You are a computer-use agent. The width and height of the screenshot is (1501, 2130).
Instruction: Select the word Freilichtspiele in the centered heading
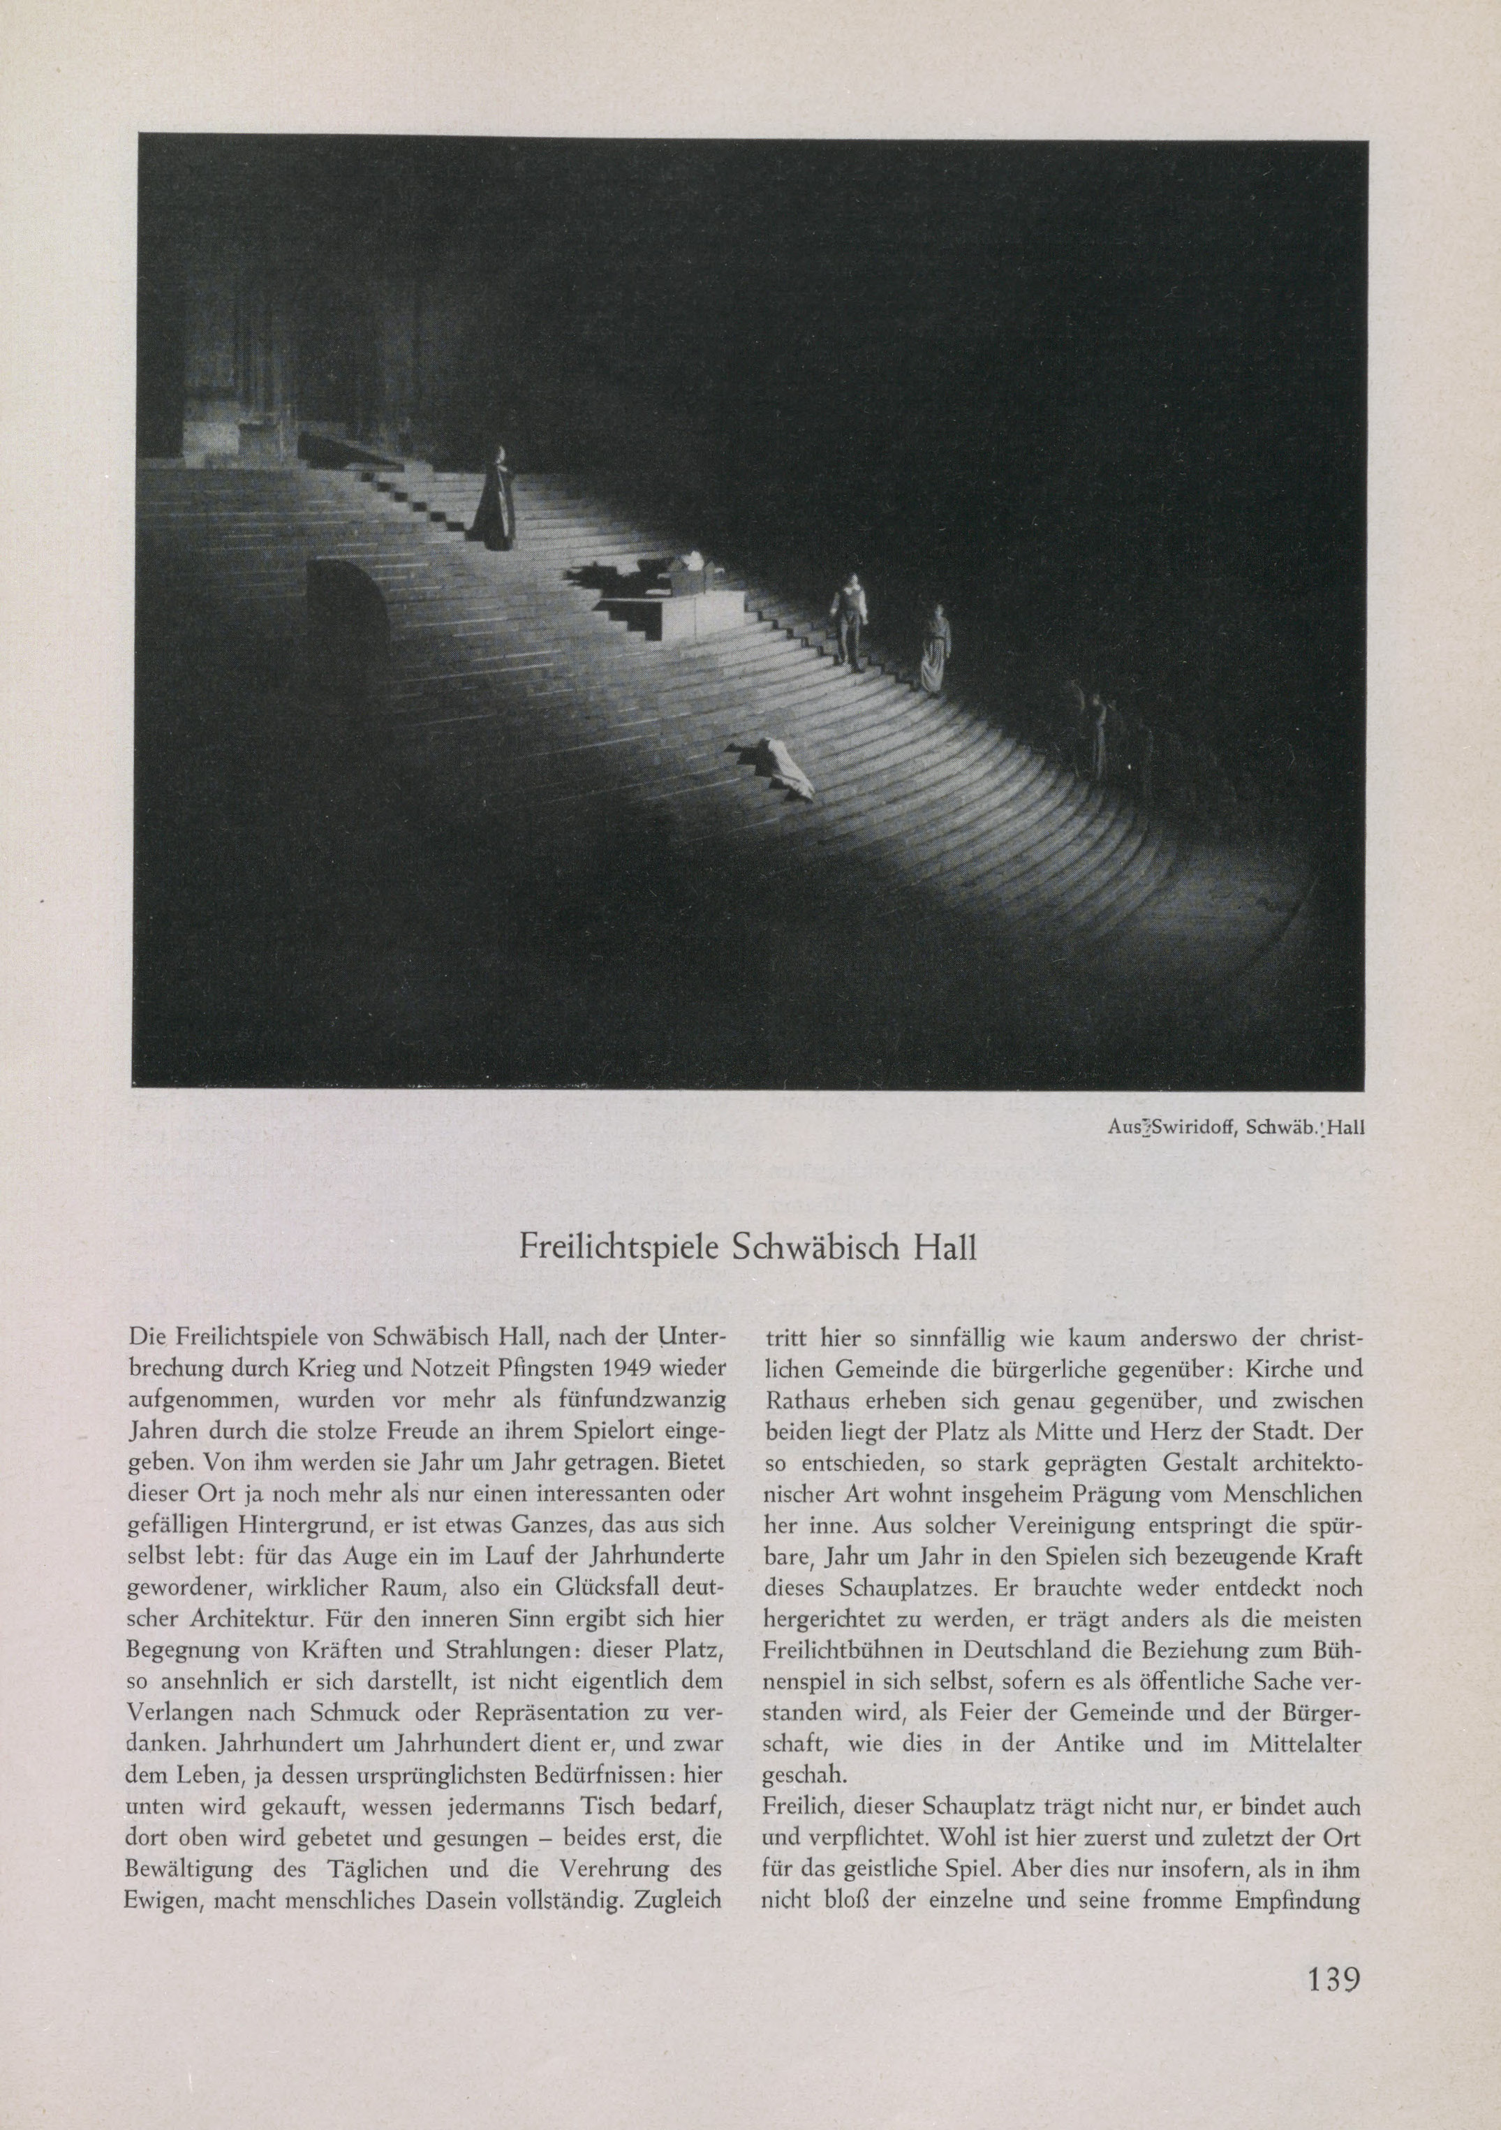click(x=620, y=1247)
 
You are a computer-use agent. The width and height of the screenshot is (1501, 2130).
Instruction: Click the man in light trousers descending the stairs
click(x=849, y=619)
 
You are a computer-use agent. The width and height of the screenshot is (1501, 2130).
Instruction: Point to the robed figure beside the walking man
click(x=933, y=649)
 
